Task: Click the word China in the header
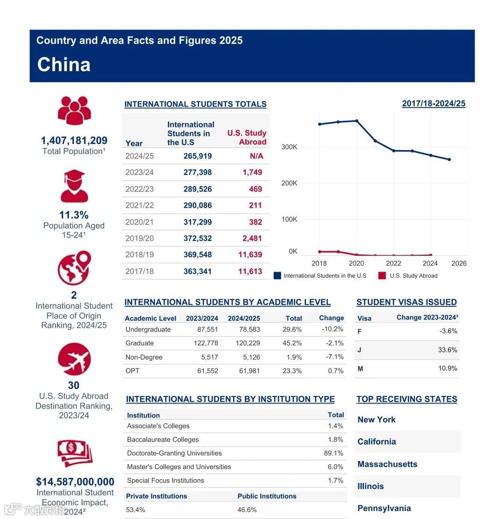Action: coord(64,65)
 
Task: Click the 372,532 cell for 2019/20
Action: coord(197,238)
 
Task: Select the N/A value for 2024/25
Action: coord(256,156)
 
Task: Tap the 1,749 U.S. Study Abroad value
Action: coord(252,173)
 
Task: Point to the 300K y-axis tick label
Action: coord(289,147)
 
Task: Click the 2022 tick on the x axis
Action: coord(393,263)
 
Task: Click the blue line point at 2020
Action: coord(356,121)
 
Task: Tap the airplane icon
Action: coord(74,359)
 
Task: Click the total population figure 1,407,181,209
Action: coord(74,140)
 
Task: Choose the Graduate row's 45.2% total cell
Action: coord(292,343)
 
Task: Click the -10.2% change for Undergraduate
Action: coord(333,329)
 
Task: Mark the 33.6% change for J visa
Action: coord(448,350)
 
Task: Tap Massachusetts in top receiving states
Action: coord(387,464)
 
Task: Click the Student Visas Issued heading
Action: coord(406,303)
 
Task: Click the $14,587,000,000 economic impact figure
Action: coord(75,482)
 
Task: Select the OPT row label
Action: coord(133,371)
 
